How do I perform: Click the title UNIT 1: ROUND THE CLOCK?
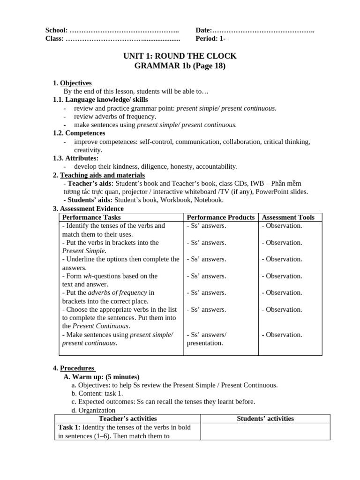click(x=180, y=56)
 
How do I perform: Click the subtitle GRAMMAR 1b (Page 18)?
click(x=180, y=66)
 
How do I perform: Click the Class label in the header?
click(x=54, y=39)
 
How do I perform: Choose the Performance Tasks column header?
click(x=91, y=217)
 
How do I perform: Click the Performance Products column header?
click(x=220, y=217)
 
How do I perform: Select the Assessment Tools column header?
click(x=288, y=217)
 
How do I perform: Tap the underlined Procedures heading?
click(x=77, y=368)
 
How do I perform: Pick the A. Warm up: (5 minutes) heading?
click(x=101, y=377)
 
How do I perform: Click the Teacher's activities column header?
click(x=127, y=419)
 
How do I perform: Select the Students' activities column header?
click(x=265, y=419)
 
